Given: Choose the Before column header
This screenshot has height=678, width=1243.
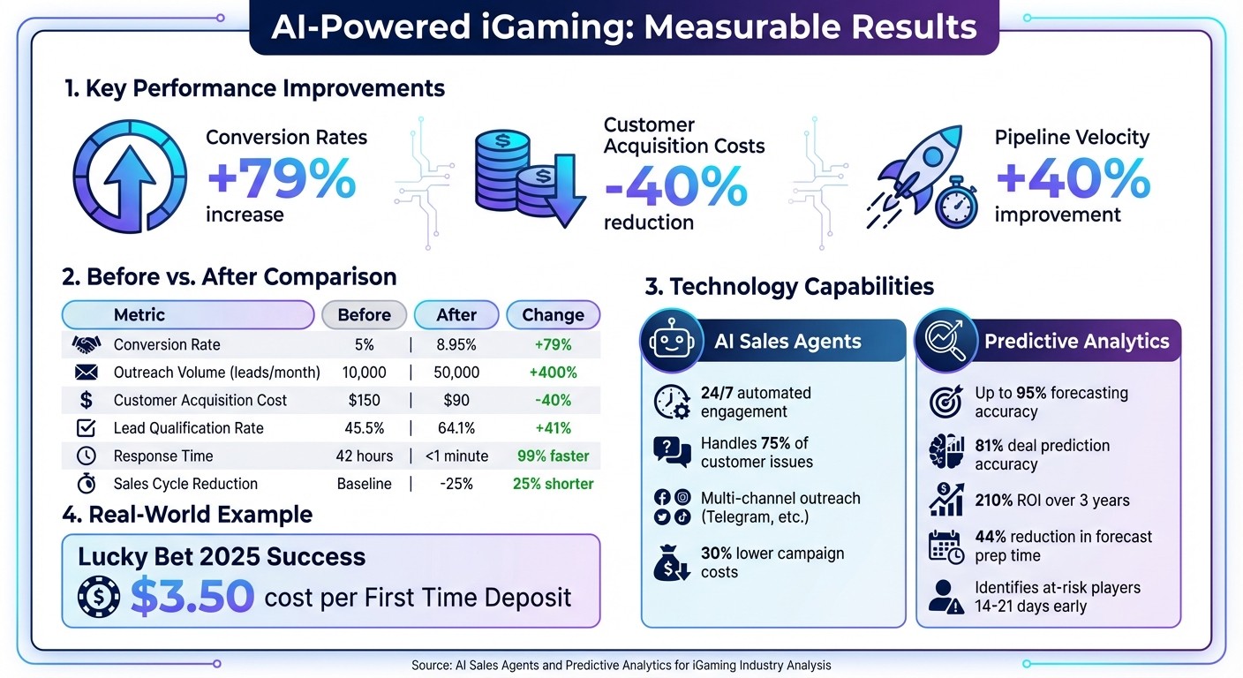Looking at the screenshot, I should coord(364,315).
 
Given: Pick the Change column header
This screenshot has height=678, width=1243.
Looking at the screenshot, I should coord(553,315).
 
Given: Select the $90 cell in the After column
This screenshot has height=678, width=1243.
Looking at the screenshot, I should coord(456,400).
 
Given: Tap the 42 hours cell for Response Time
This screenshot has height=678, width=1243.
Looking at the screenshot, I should coord(365,456).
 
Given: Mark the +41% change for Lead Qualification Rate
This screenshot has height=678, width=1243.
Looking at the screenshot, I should coord(553,428).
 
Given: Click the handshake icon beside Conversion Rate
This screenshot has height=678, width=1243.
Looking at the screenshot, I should coord(86,344).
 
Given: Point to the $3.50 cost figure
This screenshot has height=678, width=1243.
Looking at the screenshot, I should coord(192,597).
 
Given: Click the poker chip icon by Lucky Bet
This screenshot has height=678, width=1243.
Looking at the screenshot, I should coord(98,598).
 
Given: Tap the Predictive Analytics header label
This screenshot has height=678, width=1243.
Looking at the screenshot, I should coord(1076,342).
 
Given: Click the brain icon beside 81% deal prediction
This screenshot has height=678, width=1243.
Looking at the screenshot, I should coord(946,454).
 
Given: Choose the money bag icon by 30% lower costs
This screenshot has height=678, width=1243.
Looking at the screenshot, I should coord(672,563).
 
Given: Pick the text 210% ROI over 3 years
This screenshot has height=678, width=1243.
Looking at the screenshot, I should coord(1051,501).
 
